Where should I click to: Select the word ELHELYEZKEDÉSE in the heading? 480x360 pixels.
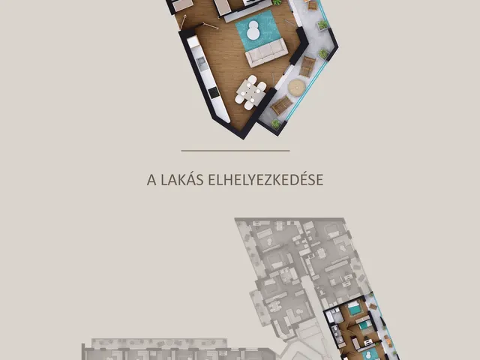tap(265, 180)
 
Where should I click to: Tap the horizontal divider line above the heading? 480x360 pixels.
tap(235, 151)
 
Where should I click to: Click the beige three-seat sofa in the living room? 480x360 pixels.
tap(267, 52)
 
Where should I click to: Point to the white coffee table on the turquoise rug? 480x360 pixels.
tap(253, 30)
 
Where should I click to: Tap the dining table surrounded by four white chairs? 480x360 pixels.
tap(251, 92)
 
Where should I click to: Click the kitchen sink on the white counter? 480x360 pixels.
tap(201, 63)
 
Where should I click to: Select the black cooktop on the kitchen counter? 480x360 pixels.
tap(213, 92)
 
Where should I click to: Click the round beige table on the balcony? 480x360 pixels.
tap(297, 88)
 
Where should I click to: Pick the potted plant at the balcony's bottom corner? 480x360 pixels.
tap(276, 124)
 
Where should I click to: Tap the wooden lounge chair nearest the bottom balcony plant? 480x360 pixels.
tap(282, 105)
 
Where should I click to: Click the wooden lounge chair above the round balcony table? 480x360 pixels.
tap(307, 67)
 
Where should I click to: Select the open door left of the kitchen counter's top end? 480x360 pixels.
tap(183, 22)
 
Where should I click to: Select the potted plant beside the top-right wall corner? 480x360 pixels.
tap(322, 25)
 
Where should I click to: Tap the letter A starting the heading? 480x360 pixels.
tap(151, 180)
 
